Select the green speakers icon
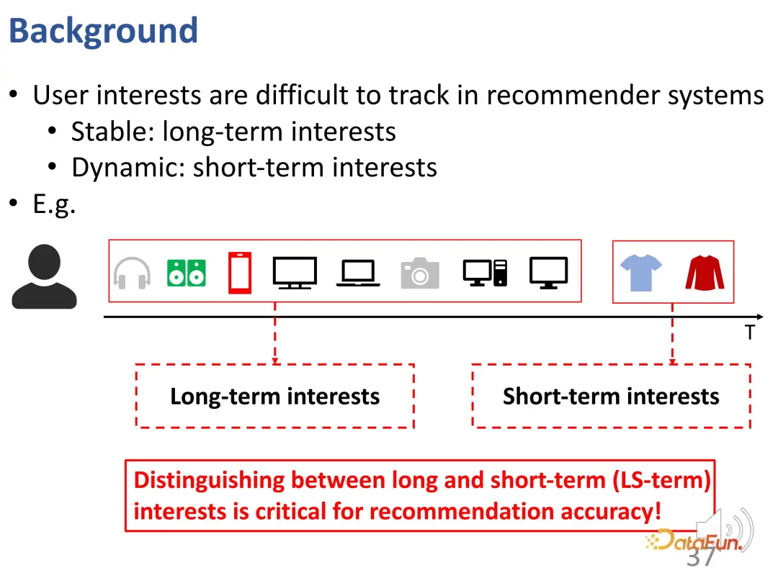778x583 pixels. [187, 274]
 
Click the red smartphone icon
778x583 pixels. [240, 273]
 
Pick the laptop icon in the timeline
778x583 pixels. [358, 274]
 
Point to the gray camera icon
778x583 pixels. [420, 273]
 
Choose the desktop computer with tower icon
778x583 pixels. [486, 273]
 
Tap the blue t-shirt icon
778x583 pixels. [641, 273]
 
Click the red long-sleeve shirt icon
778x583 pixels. [705, 273]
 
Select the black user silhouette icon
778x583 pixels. [44, 276]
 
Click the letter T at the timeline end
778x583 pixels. [750, 332]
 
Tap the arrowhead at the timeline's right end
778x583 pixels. [760, 317]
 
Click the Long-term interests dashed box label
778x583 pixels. [275, 397]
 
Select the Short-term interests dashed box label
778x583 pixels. [611, 397]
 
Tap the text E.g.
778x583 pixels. [54, 204]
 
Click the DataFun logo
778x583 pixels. [694, 541]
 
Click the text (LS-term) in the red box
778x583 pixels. [661, 480]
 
